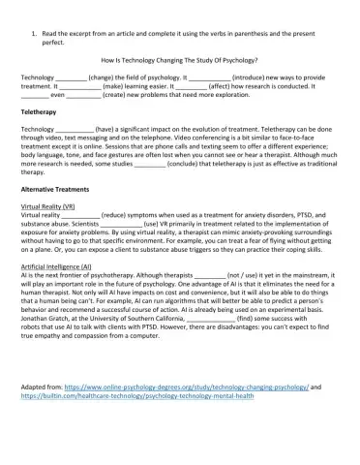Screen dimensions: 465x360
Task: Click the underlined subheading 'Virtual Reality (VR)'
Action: [x=53, y=208]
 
